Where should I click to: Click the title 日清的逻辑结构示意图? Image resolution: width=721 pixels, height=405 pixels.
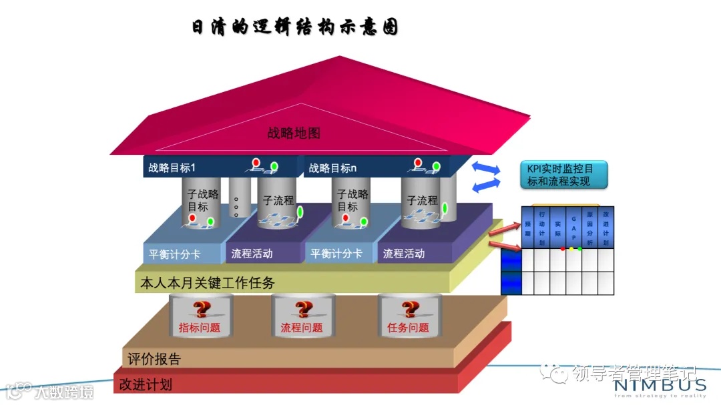[x=294, y=28]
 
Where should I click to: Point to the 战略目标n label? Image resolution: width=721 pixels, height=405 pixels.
[x=332, y=168]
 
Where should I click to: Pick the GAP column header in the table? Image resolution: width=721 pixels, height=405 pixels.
[x=573, y=228]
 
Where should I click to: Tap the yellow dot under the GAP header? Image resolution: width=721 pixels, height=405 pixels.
[x=571, y=249]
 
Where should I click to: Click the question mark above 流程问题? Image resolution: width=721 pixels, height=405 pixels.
[x=303, y=309]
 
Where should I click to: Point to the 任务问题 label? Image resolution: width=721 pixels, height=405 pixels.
[x=408, y=328]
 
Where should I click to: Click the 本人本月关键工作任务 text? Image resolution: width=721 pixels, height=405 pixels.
[x=208, y=282]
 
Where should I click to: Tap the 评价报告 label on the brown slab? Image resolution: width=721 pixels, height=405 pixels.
[x=154, y=359]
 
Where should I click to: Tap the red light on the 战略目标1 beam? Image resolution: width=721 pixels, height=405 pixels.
[x=256, y=162]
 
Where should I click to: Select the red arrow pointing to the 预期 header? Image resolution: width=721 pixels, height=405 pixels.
[x=505, y=229]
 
